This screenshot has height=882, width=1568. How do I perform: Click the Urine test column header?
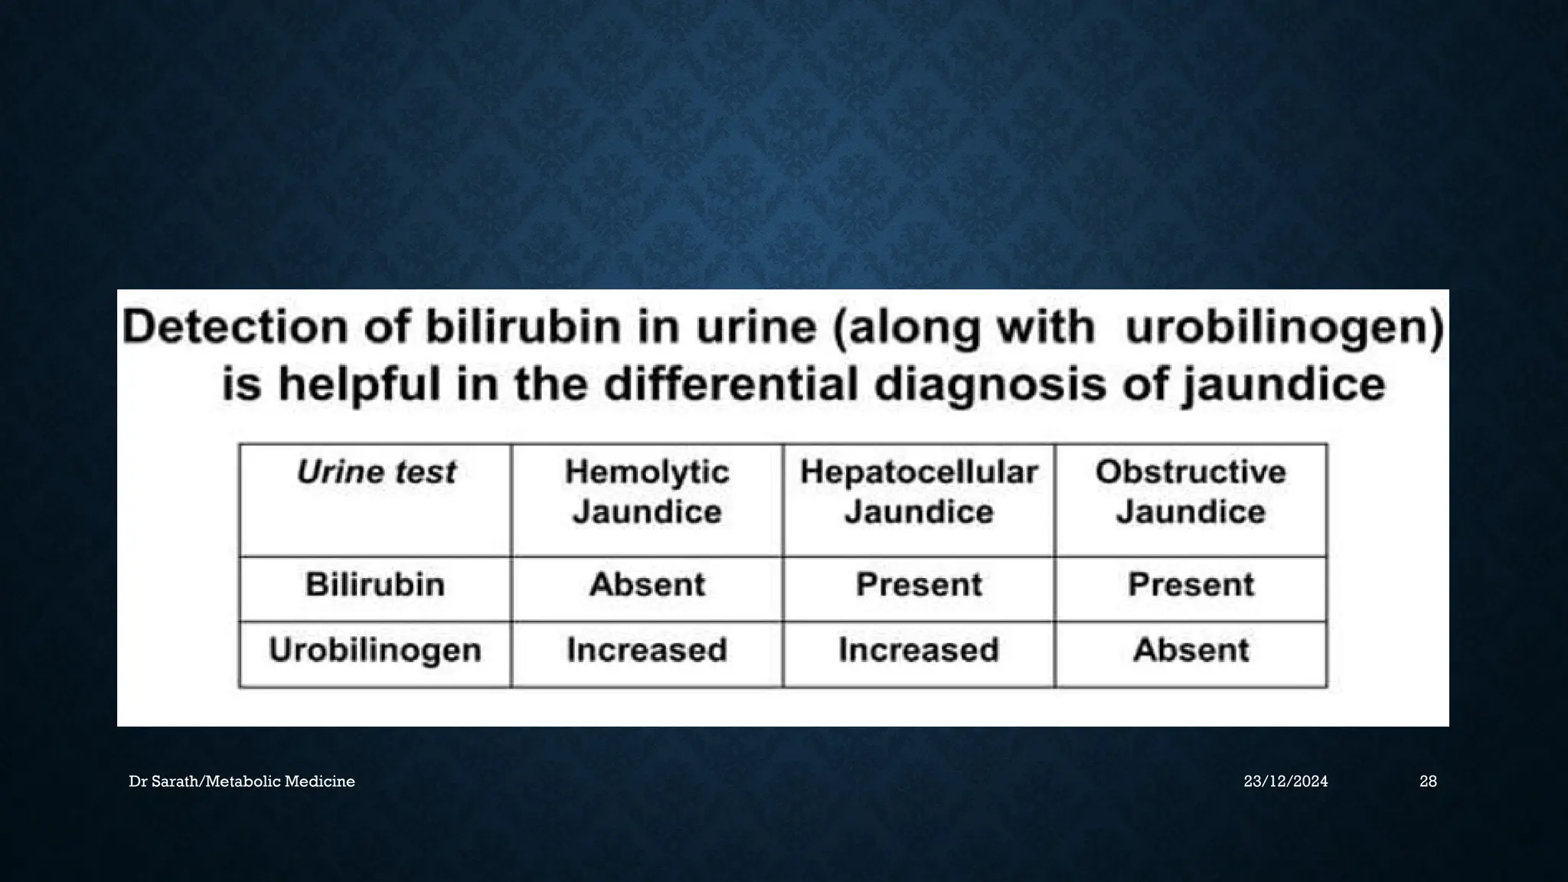click(375, 472)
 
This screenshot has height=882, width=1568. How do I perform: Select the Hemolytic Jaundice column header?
click(647, 492)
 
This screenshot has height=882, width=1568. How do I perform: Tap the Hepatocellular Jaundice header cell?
click(919, 492)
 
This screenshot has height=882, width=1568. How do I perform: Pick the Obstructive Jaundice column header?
click(1191, 492)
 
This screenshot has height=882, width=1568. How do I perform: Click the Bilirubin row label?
click(375, 585)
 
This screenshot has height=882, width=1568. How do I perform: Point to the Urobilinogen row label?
click(375, 651)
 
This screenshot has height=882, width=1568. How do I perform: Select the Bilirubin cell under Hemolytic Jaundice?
click(647, 585)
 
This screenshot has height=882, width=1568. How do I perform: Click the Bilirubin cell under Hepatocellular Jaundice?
click(919, 585)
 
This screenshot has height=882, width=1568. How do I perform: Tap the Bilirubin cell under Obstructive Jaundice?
click(1191, 585)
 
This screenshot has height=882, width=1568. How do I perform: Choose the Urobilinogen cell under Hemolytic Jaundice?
click(647, 651)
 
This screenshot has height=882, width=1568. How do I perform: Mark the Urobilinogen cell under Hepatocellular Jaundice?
click(919, 651)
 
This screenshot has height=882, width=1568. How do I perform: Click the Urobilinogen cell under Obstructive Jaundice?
click(1191, 651)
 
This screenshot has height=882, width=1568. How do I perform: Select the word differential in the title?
click(730, 384)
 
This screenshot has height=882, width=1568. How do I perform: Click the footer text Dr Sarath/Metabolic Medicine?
click(242, 782)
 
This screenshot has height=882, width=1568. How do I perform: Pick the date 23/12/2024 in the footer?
click(1285, 782)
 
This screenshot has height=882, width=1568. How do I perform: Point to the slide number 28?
click(1428, 782)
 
